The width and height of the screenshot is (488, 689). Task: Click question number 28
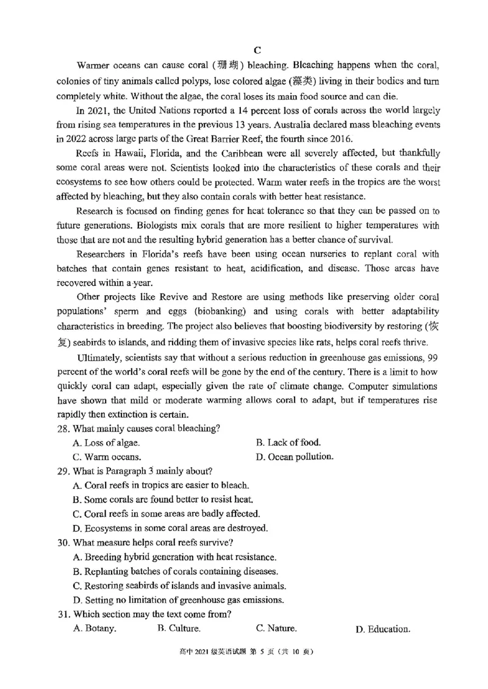pos(63,428)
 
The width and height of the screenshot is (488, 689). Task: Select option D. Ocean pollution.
pos(295,457)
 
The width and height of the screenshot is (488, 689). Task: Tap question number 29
pos(63,471)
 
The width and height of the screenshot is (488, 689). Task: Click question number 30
pos(63,543)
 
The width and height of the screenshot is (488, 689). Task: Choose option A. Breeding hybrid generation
pos(174,557)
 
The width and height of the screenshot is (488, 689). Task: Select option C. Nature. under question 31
pos(276,628)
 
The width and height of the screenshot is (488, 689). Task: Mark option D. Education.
pos(382,629)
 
